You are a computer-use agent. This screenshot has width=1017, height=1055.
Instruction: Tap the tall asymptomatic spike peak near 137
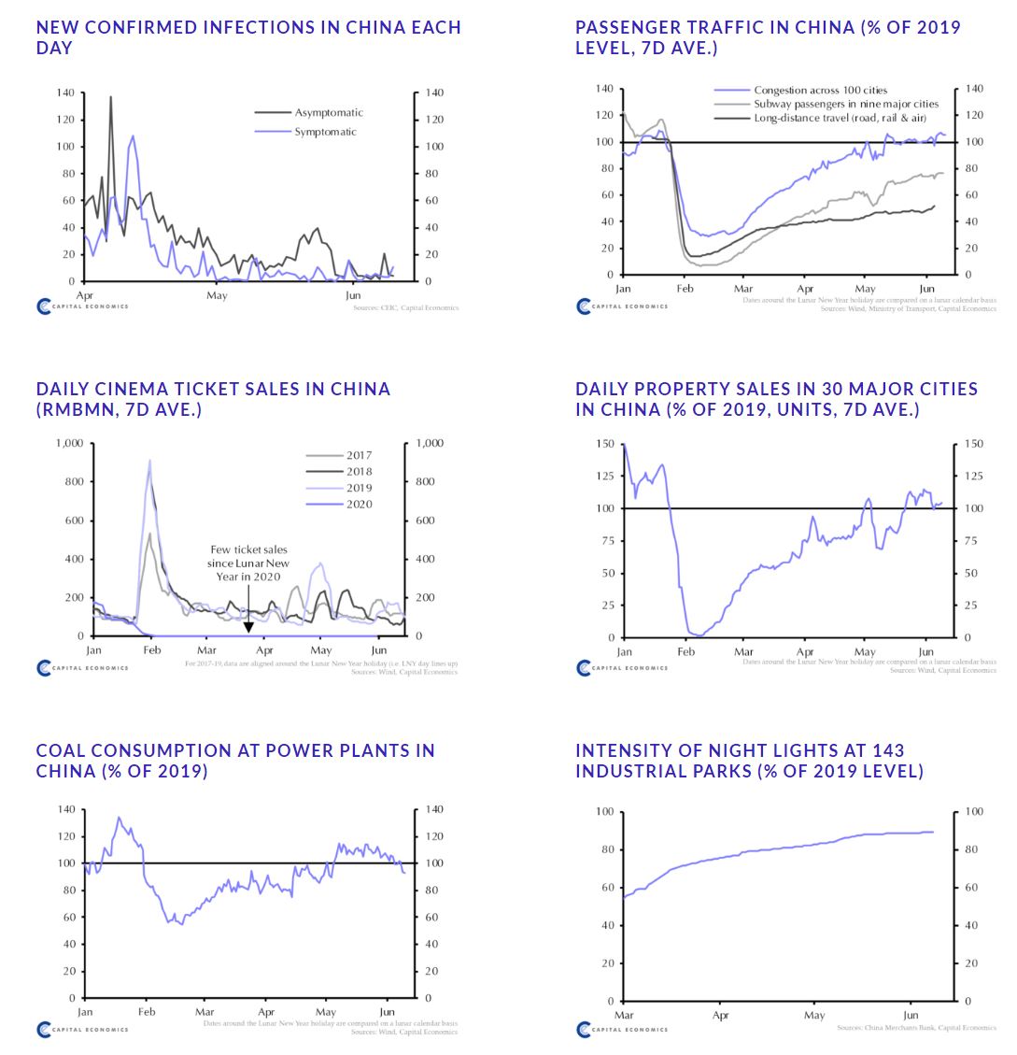pyautogui.click(x=111, y=97)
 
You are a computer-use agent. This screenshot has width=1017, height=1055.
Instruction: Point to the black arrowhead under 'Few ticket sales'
pyautogui.click(x=248, y=627)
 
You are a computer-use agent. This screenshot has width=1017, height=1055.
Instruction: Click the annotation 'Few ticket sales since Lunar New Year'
pyautogui.click(x=248, y=563)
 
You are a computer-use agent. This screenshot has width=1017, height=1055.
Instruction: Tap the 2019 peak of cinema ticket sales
pyautogui.click(x=149, y=461)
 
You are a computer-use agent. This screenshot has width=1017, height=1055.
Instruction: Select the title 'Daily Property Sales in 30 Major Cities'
pyautogui.click(x=776, y=398)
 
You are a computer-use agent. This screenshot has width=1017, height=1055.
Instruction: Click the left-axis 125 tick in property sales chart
pyautogui.click(x=605, y=477)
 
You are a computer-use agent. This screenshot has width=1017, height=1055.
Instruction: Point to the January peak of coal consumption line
pyautogui.click(x=119, y=818)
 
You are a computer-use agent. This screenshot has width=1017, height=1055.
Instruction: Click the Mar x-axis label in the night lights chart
pyautogui.click(x=623, y=1015)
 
